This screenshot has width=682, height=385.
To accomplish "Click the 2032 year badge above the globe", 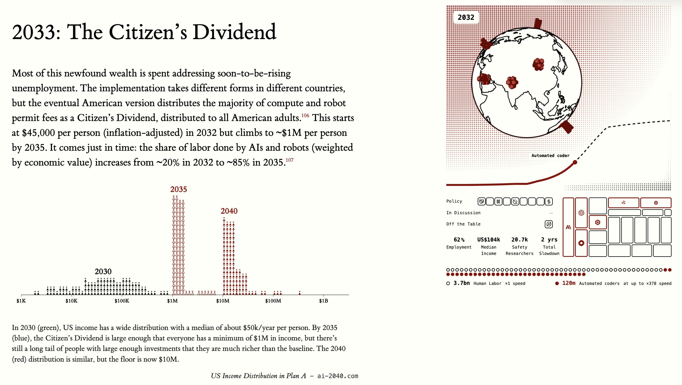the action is pyautogui.click(x=466, y=17).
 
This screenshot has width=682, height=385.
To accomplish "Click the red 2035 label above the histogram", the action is pyautogui.click(x=178, y=189).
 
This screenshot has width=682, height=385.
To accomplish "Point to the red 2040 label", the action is pyautogui.click(x=229, y=211).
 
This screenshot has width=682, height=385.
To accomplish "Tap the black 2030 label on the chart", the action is pyautogui.click(x=103, y=271).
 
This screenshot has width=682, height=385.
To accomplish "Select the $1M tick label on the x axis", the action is pyautogui.click(x=172, y=301).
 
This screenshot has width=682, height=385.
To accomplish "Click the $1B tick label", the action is pyautogui.click(x=323, y=301).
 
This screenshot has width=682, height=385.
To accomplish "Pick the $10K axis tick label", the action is pyautogui.click(x=71, y=301).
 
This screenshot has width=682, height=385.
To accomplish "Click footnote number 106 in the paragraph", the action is pyautogui.click(x=305, y=115).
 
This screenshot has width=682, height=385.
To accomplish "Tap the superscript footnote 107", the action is pyautogui.click(x=290, y=160).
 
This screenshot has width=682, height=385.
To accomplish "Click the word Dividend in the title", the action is pyautogui.click(x=234, y=32).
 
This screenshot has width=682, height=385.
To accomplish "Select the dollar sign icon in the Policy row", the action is pyautogui.click(x=549, y=202).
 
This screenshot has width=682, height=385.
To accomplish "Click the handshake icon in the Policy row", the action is pyautogui.click(x=482, y=202).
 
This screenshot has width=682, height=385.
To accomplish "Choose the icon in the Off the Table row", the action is pyautogui.click(x=549, y=224).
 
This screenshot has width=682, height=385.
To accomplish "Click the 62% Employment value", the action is pyautogui.click(x=459, y=240).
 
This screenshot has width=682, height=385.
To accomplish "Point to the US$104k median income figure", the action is pyautogui.click(x=489, y=240).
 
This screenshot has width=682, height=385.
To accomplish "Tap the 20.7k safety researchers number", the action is pyautogui.click(x=519, y=240).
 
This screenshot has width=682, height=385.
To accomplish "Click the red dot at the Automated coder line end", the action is pyautogui.click(x=575, y=162).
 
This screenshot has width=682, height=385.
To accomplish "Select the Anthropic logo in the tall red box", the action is pyautogui.click(x=568, y=227).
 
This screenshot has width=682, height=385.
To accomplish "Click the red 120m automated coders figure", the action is pyautogui.click(x=569, y=283).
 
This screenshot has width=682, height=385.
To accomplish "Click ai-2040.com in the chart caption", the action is pyautogui.click(x=338, y=376).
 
